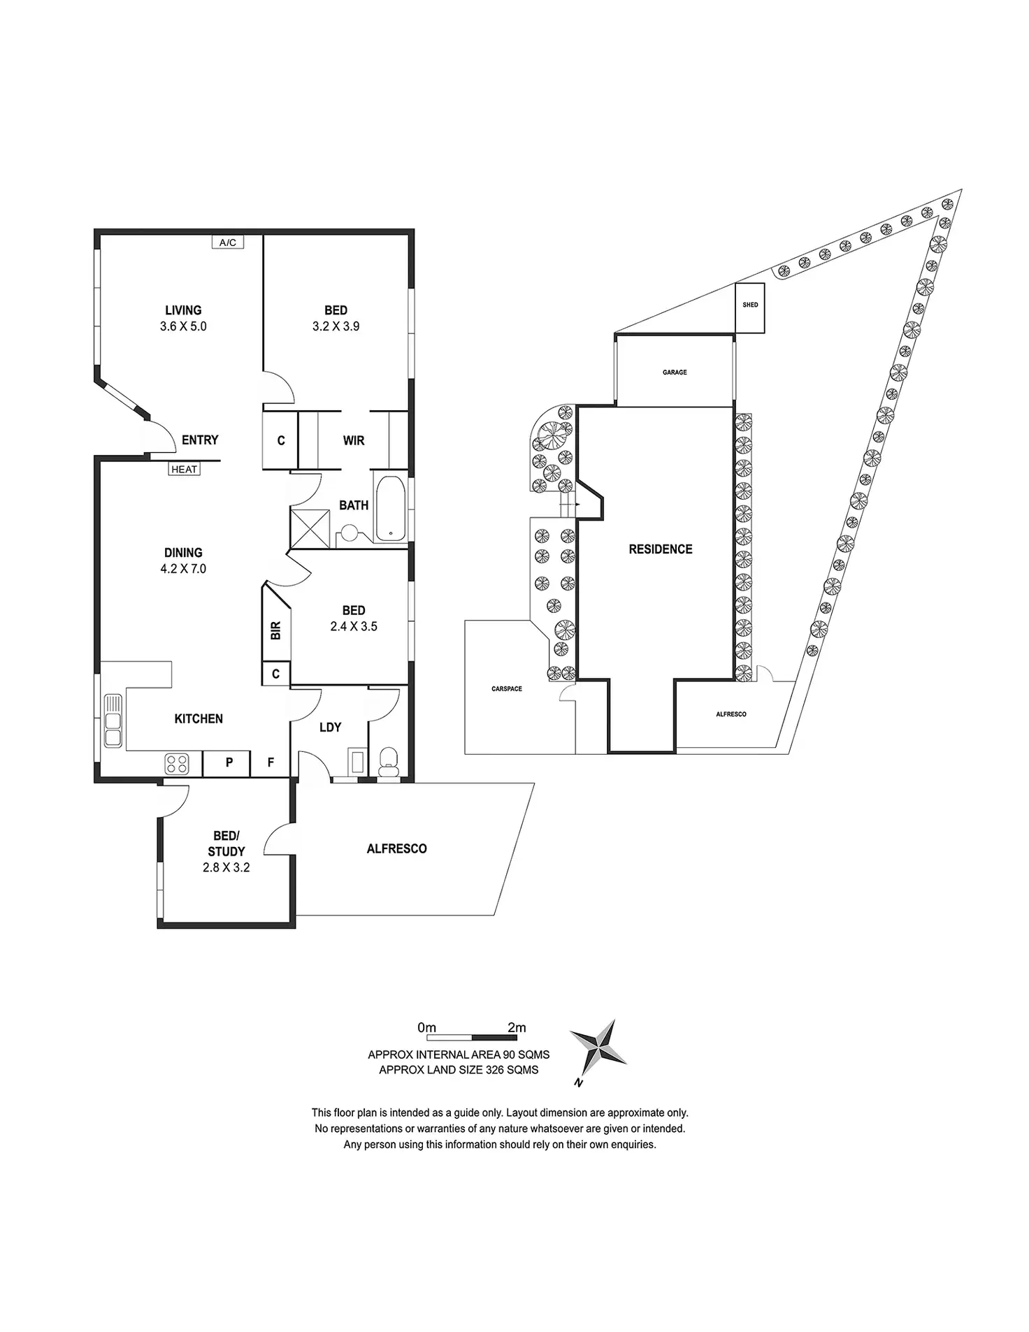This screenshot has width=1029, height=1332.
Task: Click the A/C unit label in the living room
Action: pyautogui.click(x=228, y=242)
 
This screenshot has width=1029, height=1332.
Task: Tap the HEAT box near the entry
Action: pyautogui.click(x=185, y=470)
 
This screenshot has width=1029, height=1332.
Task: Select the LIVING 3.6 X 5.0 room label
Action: pyautogui.click(x=183, y=318)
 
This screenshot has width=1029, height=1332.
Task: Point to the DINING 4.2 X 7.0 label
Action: pyautogui.click(x=183, y=560)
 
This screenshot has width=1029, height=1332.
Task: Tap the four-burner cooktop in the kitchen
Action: pyautogui.click(x=177, y=764)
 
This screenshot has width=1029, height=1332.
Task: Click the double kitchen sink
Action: pyautogui.click(x=113, y=720)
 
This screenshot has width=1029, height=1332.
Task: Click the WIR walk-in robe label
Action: pyautogui.click(x=354, y=440)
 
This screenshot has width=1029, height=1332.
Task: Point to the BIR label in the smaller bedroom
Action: pyautogui.click(x=276, y=631)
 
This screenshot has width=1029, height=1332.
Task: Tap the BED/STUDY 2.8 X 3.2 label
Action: pyautogui.click(x=226, y=852)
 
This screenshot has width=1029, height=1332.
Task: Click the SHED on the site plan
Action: pyautogui.click(x=750, y=305)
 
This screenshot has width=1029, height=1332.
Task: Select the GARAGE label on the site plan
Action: pyautogui.click(x=675, y=372)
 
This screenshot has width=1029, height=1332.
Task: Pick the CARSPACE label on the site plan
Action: pyautogui.click(x=507, y=689)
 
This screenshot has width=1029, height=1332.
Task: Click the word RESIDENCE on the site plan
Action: pyautogui.click(x=661, y=549)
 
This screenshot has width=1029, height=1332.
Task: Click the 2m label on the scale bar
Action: pyautogui.click(x=517, y=1027)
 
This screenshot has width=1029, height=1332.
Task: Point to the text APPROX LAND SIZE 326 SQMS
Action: pyautogui.click(x=459, y=1070)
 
